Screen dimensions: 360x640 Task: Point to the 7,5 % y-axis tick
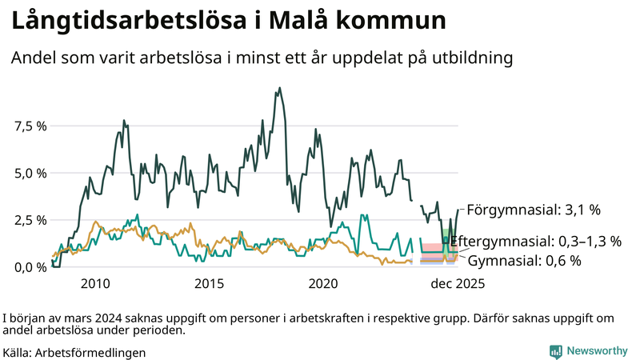(x=30, y=126)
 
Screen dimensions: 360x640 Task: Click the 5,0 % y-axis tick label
(x=30, y=173)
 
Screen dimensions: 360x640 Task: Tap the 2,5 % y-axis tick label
(x=30, y=220)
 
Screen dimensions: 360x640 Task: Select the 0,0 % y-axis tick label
(x=30, y=267)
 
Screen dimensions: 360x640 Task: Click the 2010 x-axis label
(x=95, y=284)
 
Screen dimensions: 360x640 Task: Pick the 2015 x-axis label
(x=210, y=284)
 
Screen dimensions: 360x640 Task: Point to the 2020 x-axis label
(x=324, y=284)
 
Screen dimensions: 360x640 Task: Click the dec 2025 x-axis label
(x=458, y=284)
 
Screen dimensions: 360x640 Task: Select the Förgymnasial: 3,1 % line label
(x=533, y=210)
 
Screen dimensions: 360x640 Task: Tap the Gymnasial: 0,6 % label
(x=524, y=261)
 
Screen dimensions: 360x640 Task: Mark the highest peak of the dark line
(x=279, y=88)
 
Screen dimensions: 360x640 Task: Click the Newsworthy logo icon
(x=555, y=351)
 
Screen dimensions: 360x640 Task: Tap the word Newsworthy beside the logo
(x=598, y=351)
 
